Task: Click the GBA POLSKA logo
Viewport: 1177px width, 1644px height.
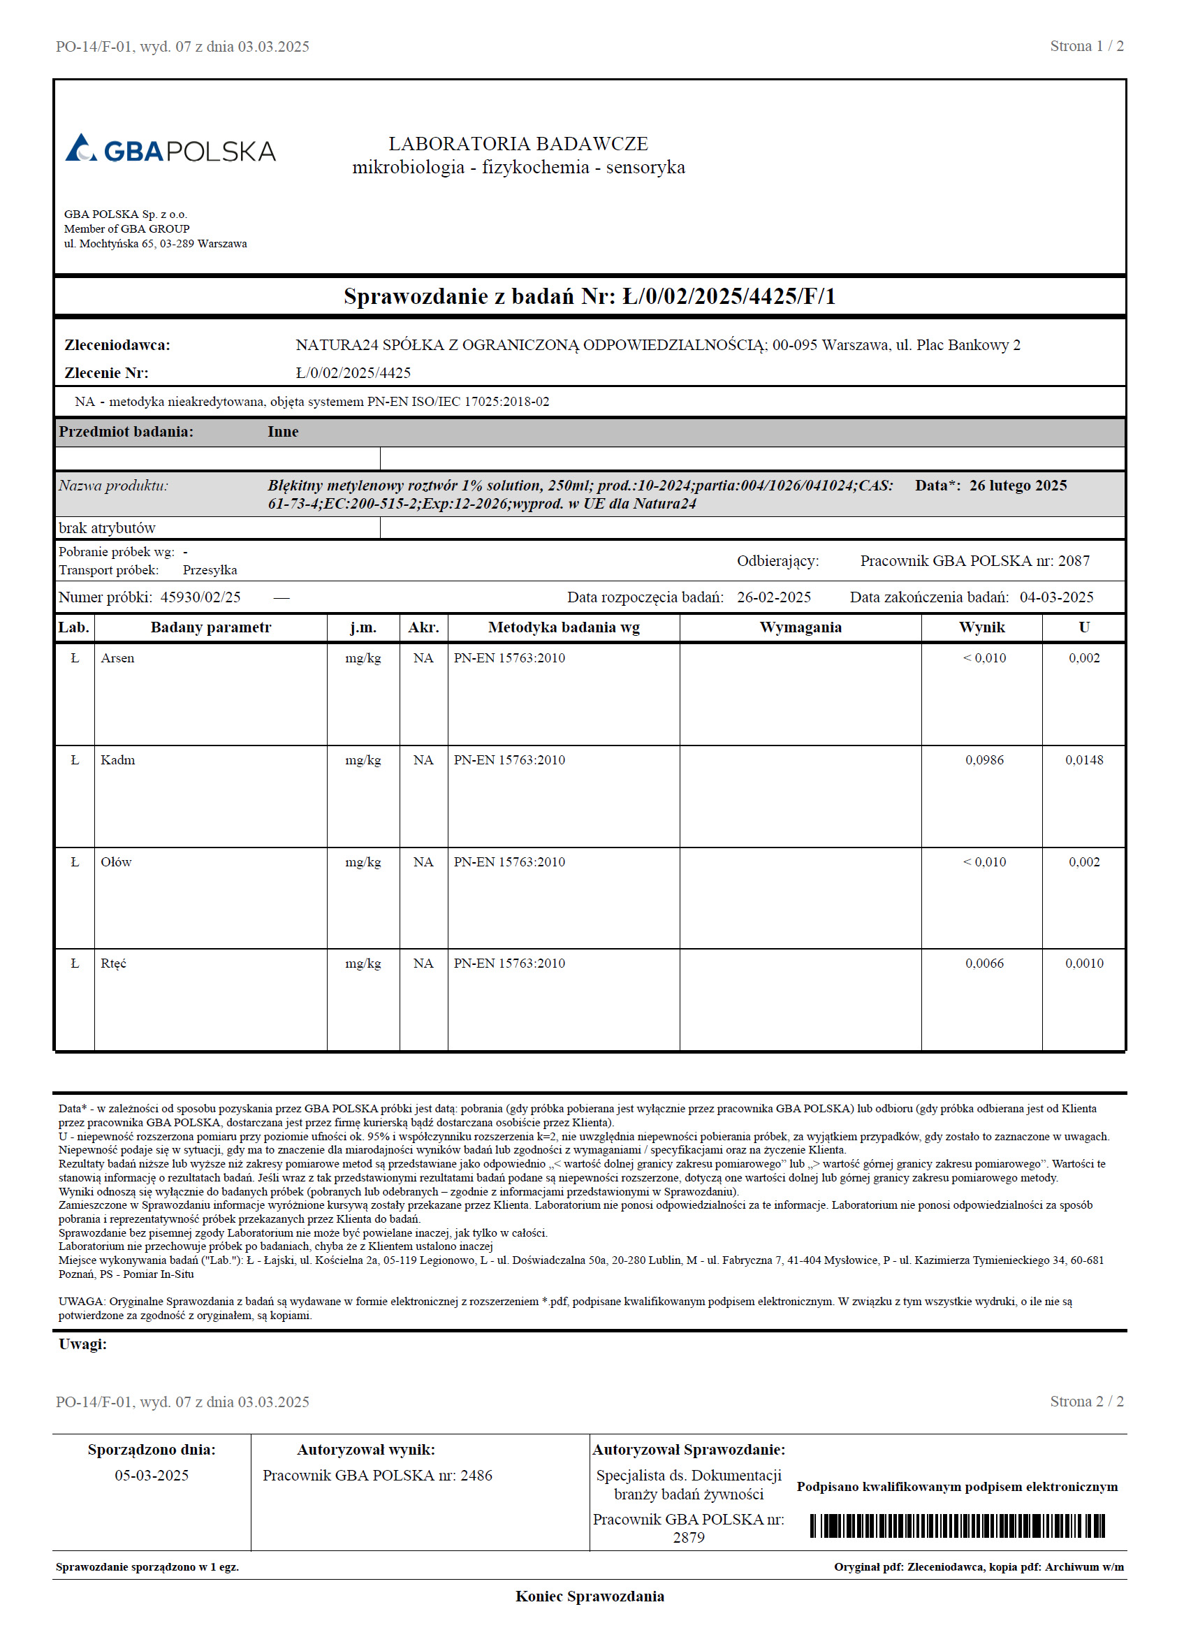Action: (x=170, y=150)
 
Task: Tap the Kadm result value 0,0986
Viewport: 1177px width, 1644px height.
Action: (x=984, y=759)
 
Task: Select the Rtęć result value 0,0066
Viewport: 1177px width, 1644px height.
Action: (x=984, y=963)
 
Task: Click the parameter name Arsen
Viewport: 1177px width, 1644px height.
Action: (x=117, y=658)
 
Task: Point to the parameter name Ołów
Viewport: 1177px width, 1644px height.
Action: (x=116, y=862)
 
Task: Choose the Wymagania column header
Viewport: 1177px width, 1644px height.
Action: (x=800, y=627)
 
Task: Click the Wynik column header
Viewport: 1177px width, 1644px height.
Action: (x=981, y=627)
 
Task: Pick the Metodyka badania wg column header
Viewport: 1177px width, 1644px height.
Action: (x=563, y=627)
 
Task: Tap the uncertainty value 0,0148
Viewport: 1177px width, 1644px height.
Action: (x=1083, y=759)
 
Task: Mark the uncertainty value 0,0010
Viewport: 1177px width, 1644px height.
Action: (x=1083, y=963)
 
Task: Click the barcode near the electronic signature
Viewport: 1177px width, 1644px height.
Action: (x=957, y=1526)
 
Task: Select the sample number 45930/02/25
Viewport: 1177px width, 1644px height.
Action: (x=200, y=597)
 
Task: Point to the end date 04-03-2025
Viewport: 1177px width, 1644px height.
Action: (x=1056, y=597)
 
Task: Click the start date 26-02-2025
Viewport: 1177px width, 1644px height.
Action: (x=773, y=597)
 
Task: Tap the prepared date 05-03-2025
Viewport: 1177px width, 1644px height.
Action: (x=152, y=1475)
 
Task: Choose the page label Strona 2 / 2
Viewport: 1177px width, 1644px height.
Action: (x=1085, y=1401)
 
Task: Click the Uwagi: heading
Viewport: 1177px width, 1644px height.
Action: (x=82, y=1344)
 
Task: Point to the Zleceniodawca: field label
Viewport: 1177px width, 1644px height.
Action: (x=117, y=345)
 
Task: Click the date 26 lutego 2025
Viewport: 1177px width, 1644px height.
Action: (x=1018, y=486)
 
